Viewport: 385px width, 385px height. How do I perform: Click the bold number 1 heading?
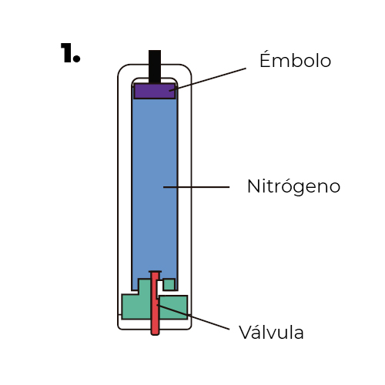click(x=69, y=53)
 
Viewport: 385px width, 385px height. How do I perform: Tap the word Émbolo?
click(x=296, y=61)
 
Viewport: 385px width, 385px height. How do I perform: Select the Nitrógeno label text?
click(x=293, y=186)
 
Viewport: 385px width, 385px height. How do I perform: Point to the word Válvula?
click(x=271, y=333)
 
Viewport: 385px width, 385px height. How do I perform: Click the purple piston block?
click(x=155, y=91)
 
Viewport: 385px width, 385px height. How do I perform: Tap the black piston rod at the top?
click(x=155, y=65)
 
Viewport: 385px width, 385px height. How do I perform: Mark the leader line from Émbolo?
click(x=208, y=79)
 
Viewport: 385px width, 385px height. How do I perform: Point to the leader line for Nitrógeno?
click(x=196, y=186)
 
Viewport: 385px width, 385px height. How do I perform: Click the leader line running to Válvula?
click(x=200, y=320)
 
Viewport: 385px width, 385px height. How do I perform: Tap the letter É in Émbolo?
click(x=266, y=59)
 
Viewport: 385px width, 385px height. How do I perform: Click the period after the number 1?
click(x=77, y=59)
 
